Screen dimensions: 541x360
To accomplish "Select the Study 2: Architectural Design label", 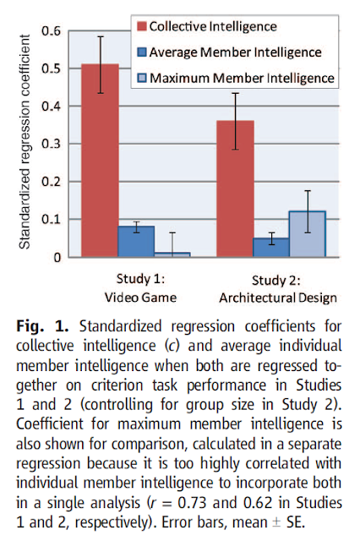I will (276, 288).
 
